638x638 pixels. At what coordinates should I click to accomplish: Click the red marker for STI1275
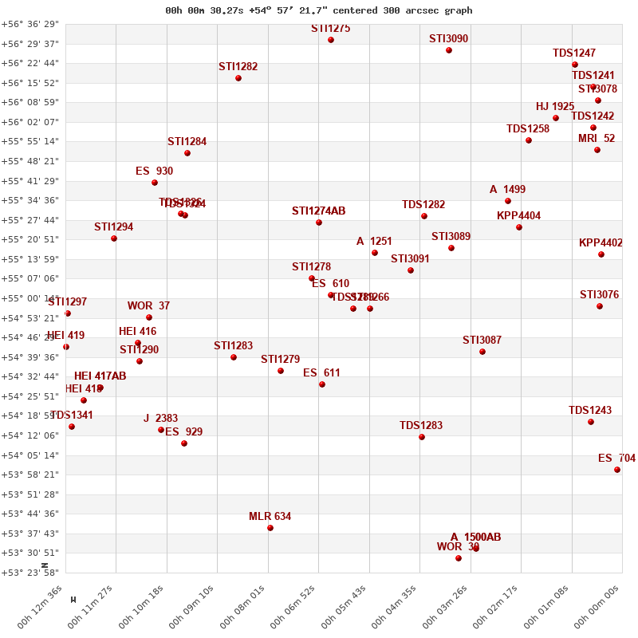click(x=331, y=40)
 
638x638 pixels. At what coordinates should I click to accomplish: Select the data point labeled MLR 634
click(x=270, y=528)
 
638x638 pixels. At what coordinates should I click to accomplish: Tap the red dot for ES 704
click(x=617, y=470)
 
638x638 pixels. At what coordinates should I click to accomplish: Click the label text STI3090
click(x=448, y=38)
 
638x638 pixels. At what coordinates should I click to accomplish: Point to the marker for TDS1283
click(x=422, y=437)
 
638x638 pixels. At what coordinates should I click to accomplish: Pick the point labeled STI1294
click(x=114, y=238)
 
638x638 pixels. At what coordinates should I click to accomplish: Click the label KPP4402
click(x=601, y=243)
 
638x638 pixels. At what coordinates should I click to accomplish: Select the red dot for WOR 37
click(x=149, y=317)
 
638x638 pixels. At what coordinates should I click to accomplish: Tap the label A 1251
click(x=374, y=242)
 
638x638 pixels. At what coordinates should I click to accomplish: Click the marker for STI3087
click(x=482, y=352)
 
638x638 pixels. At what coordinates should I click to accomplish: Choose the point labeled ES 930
click(x=155, y=183)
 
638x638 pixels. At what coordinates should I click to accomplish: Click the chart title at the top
click(x=319, y=10)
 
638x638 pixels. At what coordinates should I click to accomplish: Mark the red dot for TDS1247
click(x=575, y=65)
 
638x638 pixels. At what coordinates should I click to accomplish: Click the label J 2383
click(x=160, y=419)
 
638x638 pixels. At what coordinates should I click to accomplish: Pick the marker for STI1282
click(x=238, y=78)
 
